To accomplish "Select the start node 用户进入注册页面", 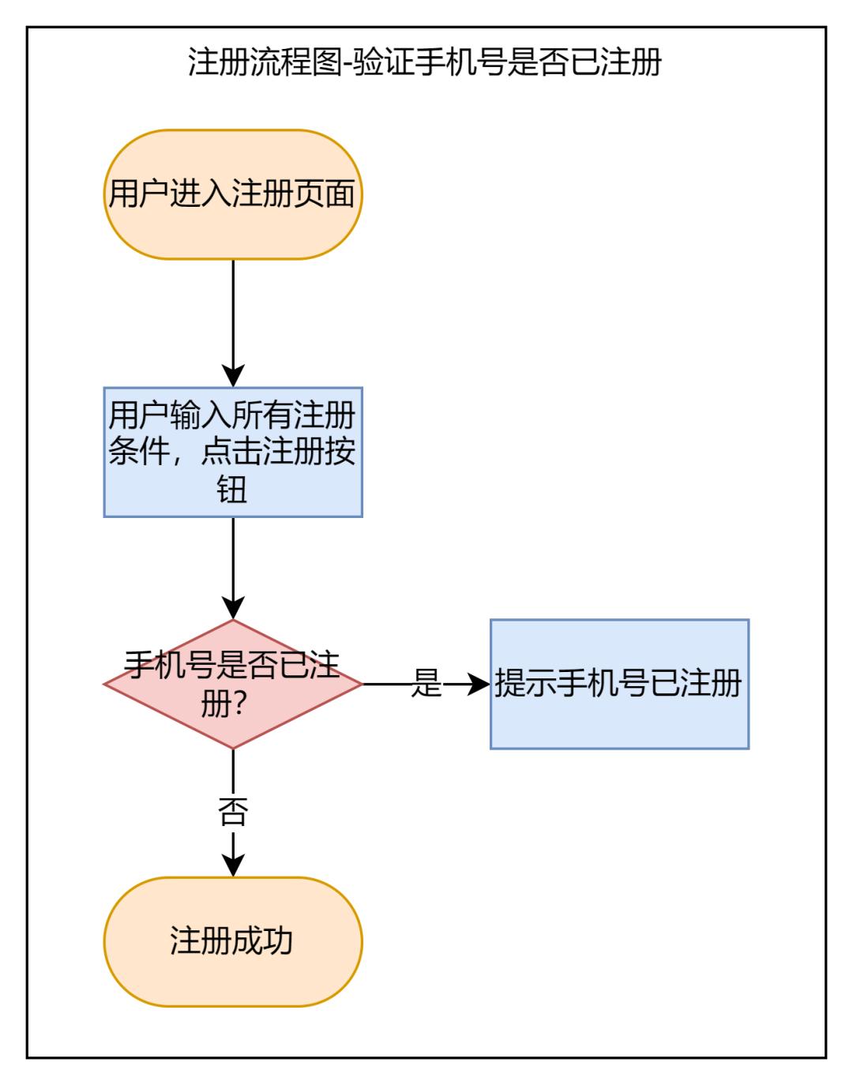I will click(233, 194).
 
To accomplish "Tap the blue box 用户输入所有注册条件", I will click(233, 452).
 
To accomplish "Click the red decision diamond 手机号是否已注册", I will click(233, 684).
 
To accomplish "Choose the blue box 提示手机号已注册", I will click(619, 684).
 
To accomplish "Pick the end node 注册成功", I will click(233, 941).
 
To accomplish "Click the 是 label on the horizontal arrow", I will click(426, 684).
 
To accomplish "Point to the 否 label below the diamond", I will click(233, 813).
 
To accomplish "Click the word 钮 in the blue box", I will click(233, 490).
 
